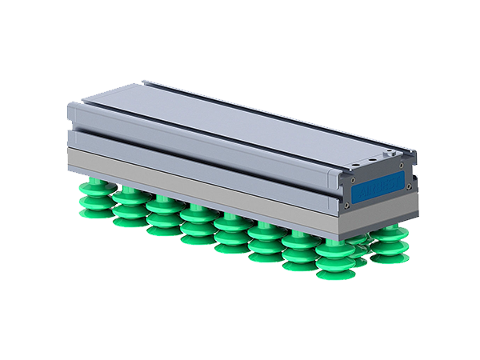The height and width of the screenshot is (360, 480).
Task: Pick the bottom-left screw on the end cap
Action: point(350,210)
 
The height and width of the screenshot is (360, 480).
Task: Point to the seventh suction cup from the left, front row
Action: point(298,251)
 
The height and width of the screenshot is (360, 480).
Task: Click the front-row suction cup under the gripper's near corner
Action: point(334,259)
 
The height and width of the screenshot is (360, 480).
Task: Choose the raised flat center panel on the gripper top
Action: point(240,120)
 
